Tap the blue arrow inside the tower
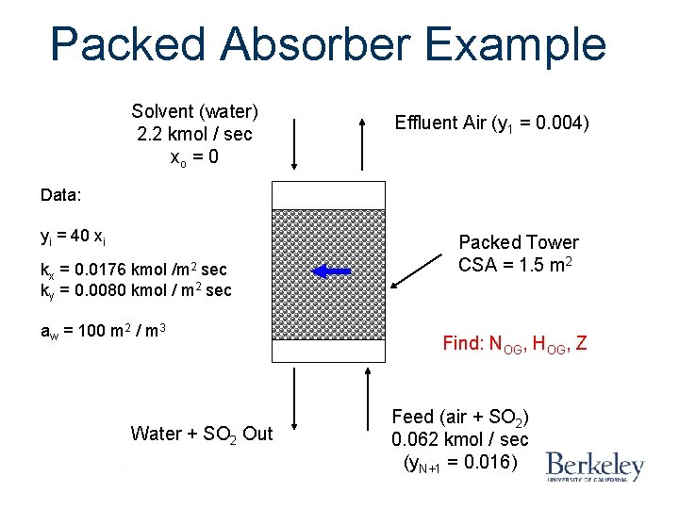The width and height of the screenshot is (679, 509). pos(331,272)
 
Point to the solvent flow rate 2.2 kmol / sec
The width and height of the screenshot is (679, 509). pos(194,134)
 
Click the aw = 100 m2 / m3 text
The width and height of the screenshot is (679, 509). pos(103,332)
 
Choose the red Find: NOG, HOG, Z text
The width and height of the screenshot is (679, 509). pos(515,344)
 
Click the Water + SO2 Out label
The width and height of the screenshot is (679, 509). pos(202,434)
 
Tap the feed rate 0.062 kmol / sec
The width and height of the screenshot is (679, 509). pos(460,439)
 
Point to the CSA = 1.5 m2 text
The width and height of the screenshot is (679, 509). pos(518,265)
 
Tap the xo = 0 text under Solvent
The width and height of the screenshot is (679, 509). pos(194,156)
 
